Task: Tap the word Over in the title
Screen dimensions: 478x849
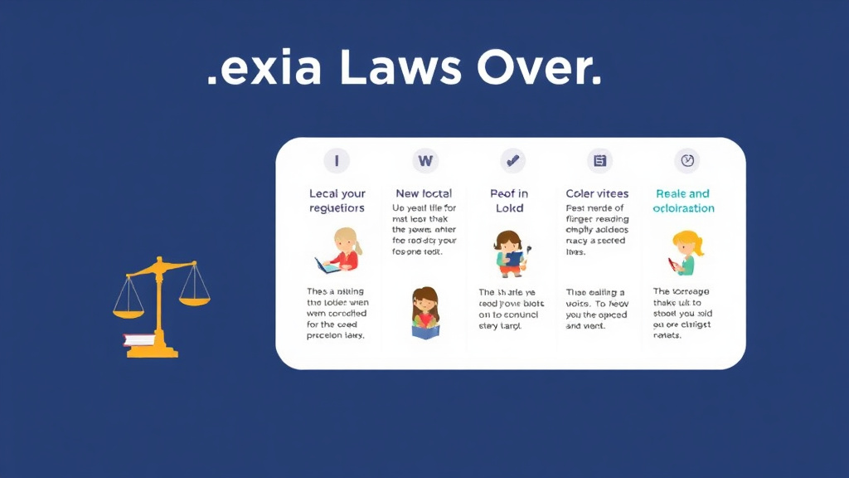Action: point(539,70)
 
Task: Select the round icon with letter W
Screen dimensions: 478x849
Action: point(425,160)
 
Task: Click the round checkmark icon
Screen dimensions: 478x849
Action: point(512,160)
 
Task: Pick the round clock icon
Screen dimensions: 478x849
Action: point(686,160)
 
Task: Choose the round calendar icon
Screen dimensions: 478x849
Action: point(599,160)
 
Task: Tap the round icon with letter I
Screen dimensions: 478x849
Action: point(337,160)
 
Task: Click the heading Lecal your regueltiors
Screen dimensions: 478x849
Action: point(337,201)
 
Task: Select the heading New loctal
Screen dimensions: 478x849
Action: point(424,193)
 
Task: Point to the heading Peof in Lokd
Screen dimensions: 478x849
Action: point(510,201)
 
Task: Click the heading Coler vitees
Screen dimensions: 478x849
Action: point(597,193)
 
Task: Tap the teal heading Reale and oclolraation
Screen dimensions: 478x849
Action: point(683,201)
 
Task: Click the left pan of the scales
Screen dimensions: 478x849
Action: point(129,310)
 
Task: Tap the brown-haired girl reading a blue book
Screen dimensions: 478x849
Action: point(424,314)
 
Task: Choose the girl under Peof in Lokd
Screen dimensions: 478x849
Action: point(508,253)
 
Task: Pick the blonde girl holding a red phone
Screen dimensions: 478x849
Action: point(685,254)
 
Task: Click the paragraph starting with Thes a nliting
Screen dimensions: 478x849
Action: point(337,314)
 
